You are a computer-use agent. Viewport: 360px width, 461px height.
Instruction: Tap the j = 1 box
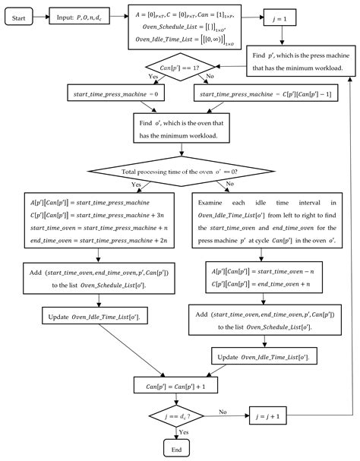click(280, 17)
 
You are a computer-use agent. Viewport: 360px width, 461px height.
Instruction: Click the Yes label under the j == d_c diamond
click(183, 433)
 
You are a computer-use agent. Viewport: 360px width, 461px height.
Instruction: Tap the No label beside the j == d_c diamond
click(223, 412)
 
